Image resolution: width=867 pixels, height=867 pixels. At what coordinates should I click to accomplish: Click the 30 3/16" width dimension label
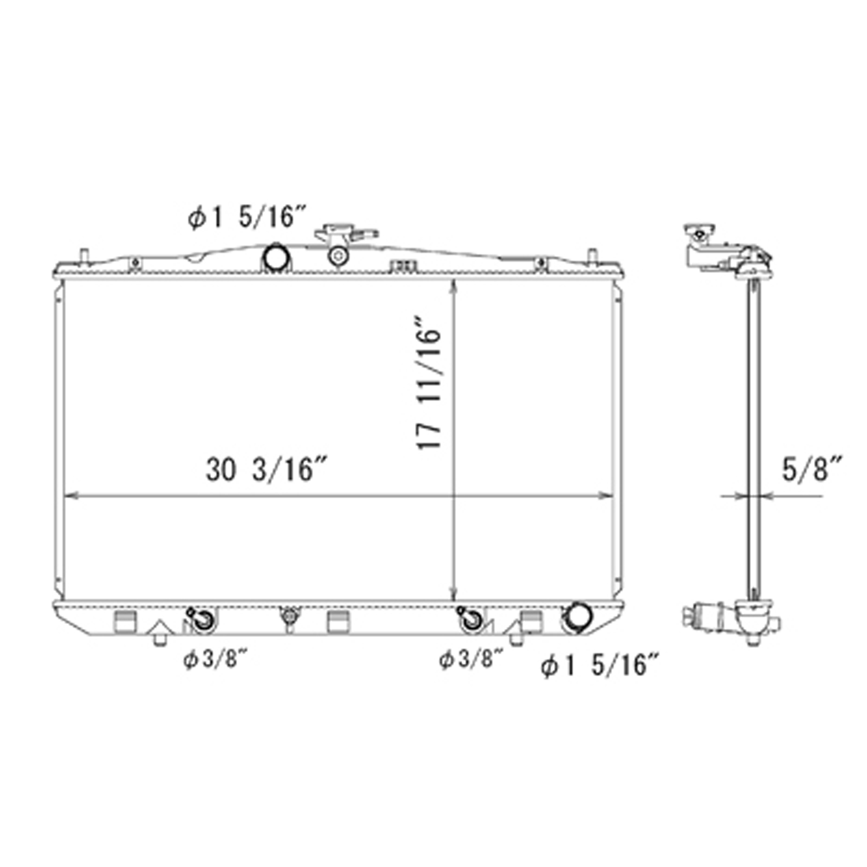tap(267, 469)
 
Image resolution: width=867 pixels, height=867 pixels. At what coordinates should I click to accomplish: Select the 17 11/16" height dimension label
tap(429, 382)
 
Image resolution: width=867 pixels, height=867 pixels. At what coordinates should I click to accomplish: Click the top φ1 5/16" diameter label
tap(246, 218)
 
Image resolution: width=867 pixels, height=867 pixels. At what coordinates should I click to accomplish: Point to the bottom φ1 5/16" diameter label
tap(600, 665)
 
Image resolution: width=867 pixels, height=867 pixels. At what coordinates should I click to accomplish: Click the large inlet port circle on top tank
tap(276, 258)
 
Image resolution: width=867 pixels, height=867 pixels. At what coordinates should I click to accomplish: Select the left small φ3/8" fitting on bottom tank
tap(202, 620)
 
